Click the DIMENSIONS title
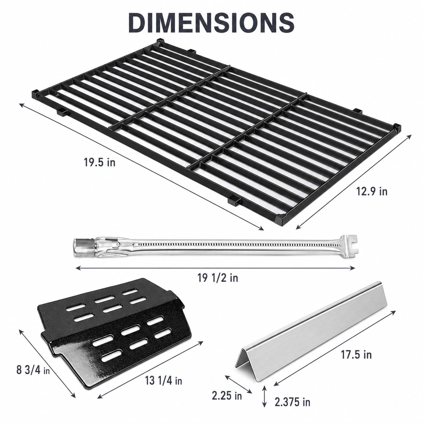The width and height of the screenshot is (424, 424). coord(211,23)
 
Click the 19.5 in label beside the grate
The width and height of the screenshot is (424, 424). coord(99,163)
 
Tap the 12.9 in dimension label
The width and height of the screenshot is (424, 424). coord(372,191)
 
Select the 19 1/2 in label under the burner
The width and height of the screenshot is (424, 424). coord(218,278)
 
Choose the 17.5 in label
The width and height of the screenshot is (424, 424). coord(356,355)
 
